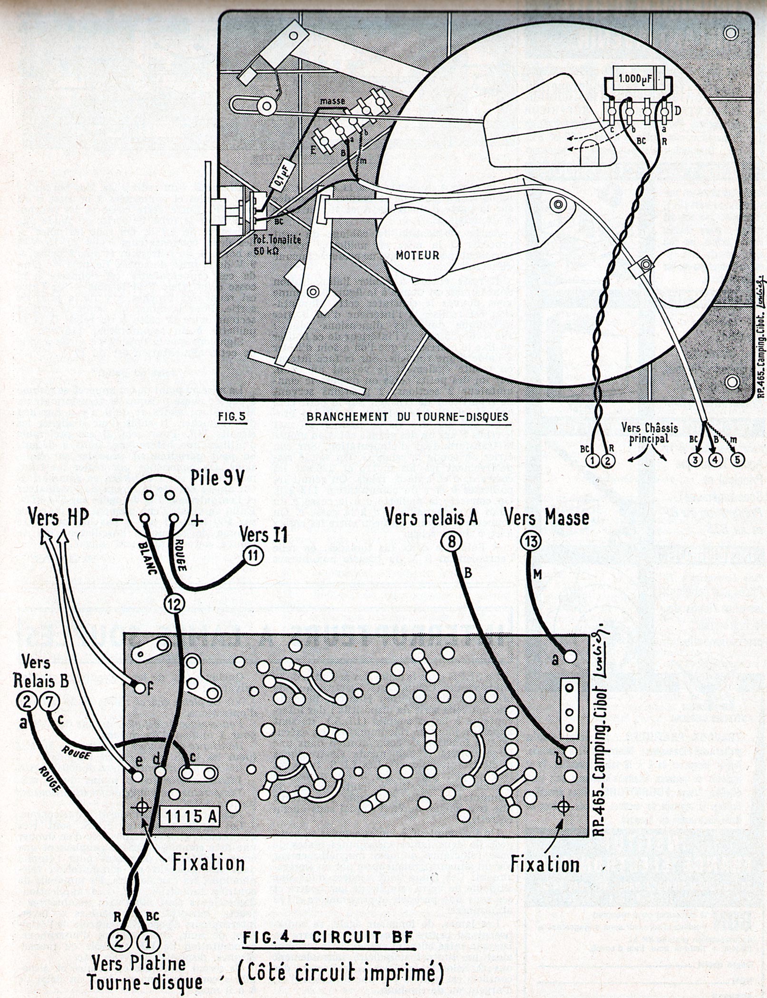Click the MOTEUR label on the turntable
tap(417, 255)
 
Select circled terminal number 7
tap(49, 702)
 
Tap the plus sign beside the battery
tap(197, 521)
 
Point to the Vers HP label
tap(58, 518)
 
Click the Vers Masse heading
tap(547, 517)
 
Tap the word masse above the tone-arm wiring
tap(332, 101)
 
